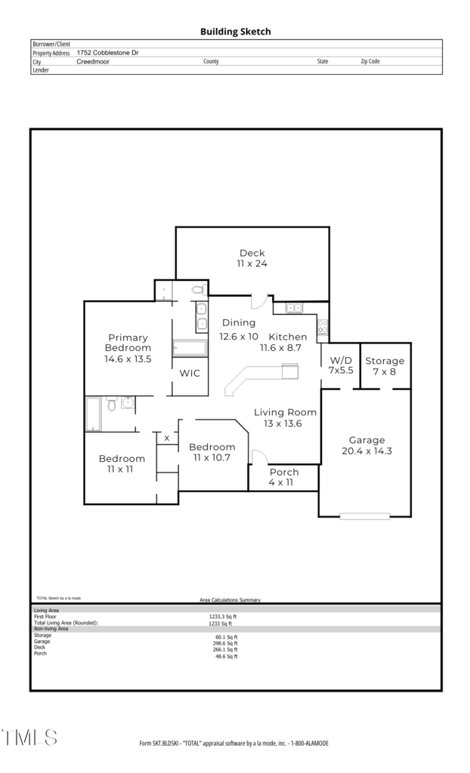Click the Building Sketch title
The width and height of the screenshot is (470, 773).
click(x=236, y=32)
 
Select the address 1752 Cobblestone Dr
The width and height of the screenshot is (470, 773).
click(x=107, y=53)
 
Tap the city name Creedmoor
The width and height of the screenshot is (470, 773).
click(x=93, y=62)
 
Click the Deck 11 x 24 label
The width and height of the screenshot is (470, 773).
click(x=252, y=258)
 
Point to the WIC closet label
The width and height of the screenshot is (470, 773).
click(x=190, y=373)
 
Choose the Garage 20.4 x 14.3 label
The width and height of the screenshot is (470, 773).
click(x=366, y=445)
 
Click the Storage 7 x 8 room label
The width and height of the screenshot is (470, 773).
click(x=385, y=366)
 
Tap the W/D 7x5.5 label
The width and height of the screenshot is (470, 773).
click(x=341, y=365)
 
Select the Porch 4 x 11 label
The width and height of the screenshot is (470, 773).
click(x=284, y=477)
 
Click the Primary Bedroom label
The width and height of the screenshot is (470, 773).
click(x=128, y=343)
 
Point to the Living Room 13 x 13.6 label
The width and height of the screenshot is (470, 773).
click(x=285, y=418)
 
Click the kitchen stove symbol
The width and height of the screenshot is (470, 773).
click(x=323, y=328)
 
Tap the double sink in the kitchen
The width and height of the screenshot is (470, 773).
click(x=294, y=308)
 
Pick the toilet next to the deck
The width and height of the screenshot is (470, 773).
click(x=198, y=289)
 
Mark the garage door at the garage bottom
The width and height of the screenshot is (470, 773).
click(x=365, y=516)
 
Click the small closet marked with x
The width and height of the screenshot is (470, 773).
click(x=167, y=439)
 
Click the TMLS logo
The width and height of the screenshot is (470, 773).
click(x=29, y=738)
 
